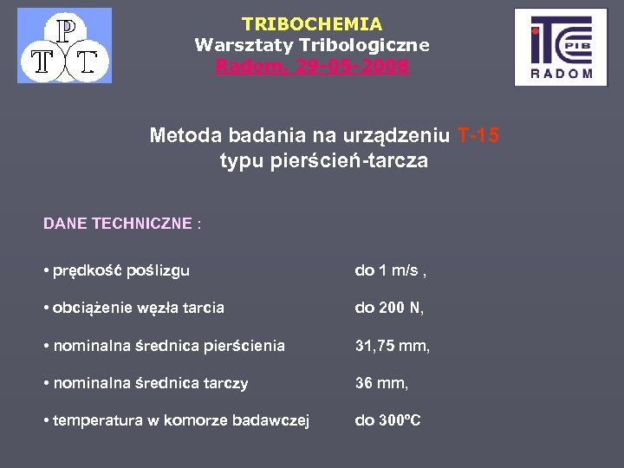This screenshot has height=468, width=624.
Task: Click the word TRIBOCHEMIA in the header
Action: (312, 24)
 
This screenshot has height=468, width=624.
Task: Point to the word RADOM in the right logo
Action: (562, 74)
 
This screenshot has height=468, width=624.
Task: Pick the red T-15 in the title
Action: (478, 135)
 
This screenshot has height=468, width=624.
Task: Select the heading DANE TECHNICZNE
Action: (118, 224)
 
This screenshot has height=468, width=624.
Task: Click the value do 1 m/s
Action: (390, 270)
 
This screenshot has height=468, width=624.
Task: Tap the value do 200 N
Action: (389, 308)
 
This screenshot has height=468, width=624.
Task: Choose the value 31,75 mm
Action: (393, 346)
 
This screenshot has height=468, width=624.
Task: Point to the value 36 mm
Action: (381, 383)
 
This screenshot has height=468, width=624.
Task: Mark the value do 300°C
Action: (387, 421)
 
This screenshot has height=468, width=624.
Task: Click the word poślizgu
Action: (158, 270)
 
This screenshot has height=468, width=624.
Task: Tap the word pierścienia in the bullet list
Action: (244, 346)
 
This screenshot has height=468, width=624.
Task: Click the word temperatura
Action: (98, 421)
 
